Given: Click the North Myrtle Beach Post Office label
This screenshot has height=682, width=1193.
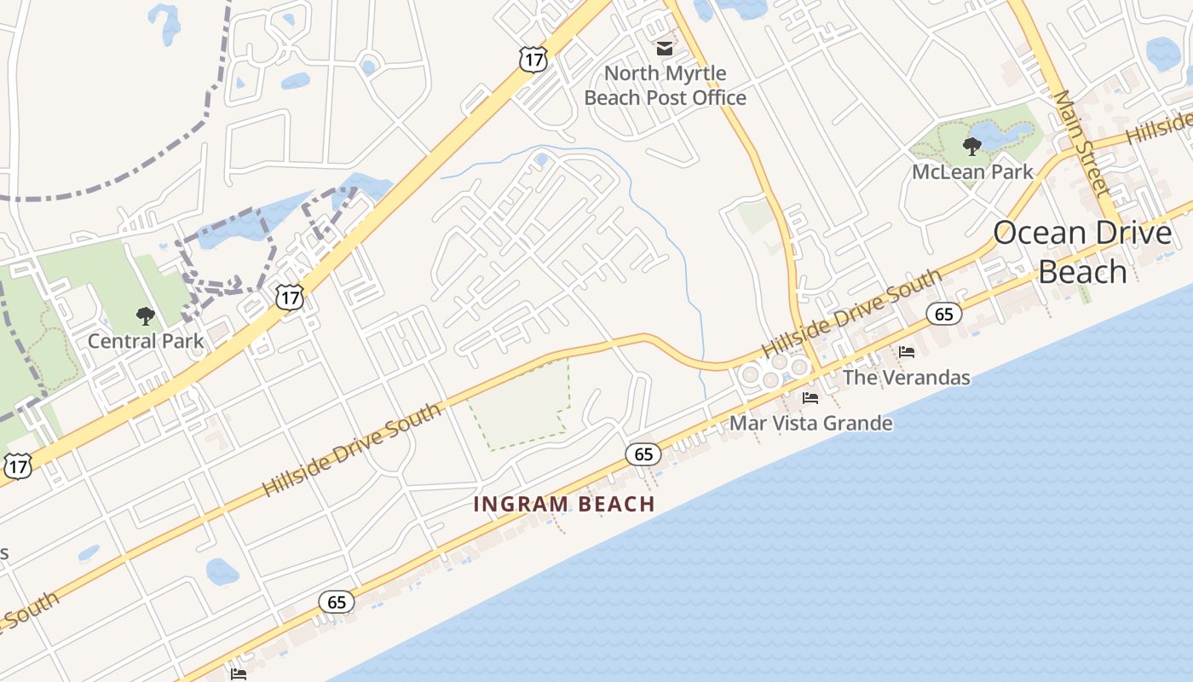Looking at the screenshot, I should pyautogui.click(x=665, y=85).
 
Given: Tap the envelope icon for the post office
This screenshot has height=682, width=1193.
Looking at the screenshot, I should pyautogui.click(x=664, y=48).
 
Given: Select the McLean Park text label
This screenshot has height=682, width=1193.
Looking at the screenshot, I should pyautogui.click(x=972, y=171).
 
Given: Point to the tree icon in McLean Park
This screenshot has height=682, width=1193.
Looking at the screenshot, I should pyautogui.click(x=971, y=147).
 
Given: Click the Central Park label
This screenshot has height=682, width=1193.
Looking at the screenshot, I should pyautogui.click(x=146, y=341).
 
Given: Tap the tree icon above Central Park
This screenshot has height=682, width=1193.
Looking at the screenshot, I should pyautogui.click(x=146, y=316).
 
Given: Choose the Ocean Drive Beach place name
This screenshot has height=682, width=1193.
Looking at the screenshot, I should pyautogui.click(x=1082, y=251).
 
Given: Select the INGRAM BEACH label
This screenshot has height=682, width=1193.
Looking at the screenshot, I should pyautogui.click(x=564, y=504).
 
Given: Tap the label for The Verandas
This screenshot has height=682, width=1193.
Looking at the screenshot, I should pyautogui.click(x=907, y=377).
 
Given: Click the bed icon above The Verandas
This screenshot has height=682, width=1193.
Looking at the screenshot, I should pyautogui.click(x=907, y=351).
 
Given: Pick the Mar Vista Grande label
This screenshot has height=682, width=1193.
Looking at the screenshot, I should pyautogui.click(x=811, y=423).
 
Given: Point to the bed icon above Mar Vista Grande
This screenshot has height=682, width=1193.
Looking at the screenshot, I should pyautogui.click(x=810, y=397).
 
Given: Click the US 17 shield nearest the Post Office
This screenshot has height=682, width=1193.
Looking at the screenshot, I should pyautogui.click(x=532, y=58).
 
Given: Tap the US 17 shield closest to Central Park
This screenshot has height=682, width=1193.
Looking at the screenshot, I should pyautogui.click(x=290, y=297).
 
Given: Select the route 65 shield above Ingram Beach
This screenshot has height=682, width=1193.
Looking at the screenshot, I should pyautogui.click(x=643, y=454).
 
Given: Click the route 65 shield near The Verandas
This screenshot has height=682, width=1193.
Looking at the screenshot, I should pyautogui.click(x=943, y=314).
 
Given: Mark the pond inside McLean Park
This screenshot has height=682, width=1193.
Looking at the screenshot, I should pyautogui.click(x=1006, y=133).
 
